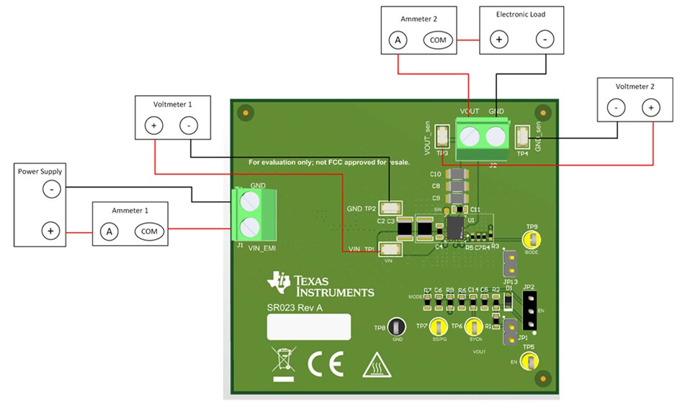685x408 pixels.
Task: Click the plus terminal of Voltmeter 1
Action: (153, 125)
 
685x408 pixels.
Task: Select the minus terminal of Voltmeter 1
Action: (189, 125)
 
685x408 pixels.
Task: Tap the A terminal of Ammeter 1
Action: (109, 231)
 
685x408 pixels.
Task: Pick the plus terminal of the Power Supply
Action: (50, 231)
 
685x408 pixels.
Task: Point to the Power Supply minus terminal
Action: (50, 190)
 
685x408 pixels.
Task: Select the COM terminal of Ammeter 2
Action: (438, 40)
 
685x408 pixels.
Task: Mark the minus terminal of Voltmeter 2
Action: (617, 107)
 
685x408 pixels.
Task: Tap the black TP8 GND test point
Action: (397, 327)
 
